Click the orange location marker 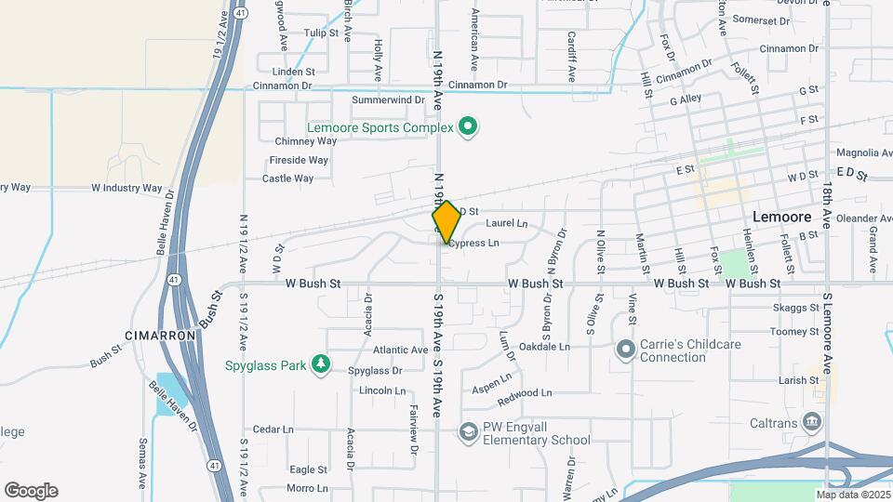(x=446, y=222)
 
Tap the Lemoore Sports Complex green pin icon (x=468, y=126)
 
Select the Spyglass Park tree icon (x=321, y=363)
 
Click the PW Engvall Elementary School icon (x=468, y=431)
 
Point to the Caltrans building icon (x=812, y=423)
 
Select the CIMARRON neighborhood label (x=160, y=335)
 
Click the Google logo (x=31, y=490)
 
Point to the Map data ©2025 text (x=852, y=494)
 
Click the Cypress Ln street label (x=473, y=243)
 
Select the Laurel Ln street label (x=507, y=223)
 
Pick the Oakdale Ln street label (x=544, y=346)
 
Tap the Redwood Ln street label (x=525, y=393)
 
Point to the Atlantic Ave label (x=400, y=350)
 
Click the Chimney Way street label (x=306, y=141)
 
